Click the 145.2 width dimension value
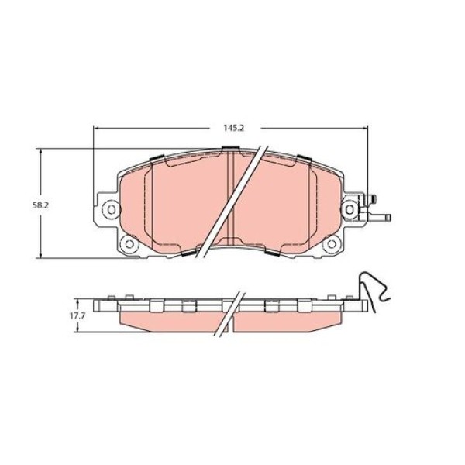[x=233, y=128]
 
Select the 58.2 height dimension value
[x=40, y=205]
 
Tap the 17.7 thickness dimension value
[x=77, y=316]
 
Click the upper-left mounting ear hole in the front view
[x=111, y=210]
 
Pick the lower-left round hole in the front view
[x=129, y=244]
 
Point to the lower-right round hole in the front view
[x=332, y=244]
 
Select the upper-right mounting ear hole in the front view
[x=350, y=209]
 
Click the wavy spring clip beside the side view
[x=374, y=291]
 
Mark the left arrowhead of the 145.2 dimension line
[x=95, y=128]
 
